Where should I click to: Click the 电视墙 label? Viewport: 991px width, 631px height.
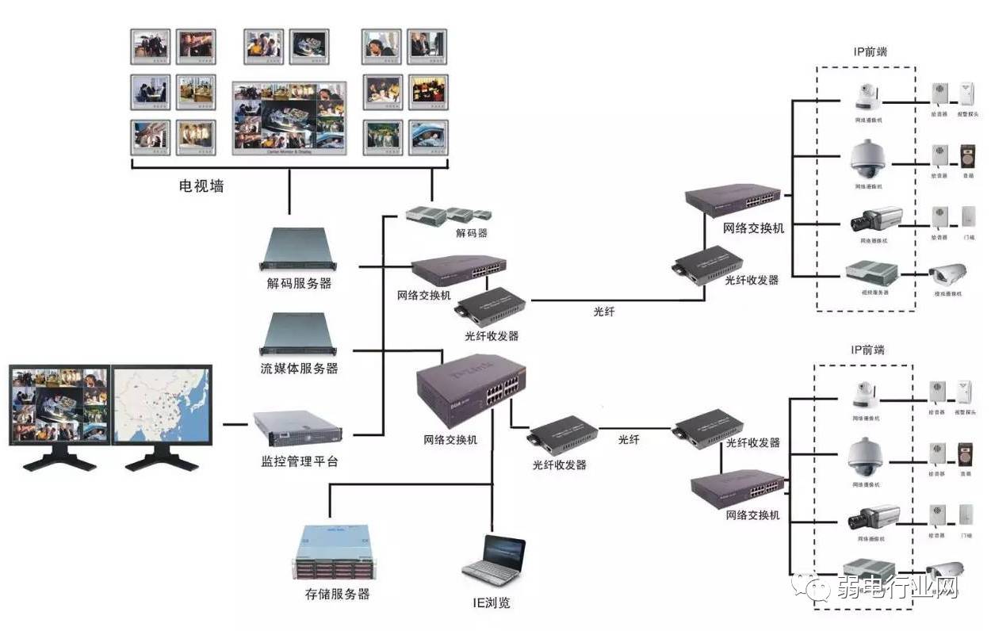(x=201, y=187)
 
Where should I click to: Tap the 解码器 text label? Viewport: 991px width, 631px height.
(x=471, y=233)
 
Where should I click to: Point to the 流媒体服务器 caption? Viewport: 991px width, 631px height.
(x=299, y=368)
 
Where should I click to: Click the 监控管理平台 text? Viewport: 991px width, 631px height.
(x=299, y=460)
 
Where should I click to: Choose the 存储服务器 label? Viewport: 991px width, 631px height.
(x=337, y=593)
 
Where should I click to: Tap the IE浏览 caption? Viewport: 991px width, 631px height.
(x=492, y=602)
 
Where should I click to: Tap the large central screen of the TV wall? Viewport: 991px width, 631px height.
(x=289, y=117)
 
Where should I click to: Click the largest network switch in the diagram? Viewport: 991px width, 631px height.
(x=471, y=388)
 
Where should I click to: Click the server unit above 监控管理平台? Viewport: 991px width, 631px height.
(x=297, y=429)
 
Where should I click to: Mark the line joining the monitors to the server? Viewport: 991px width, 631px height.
(x=235, y=425)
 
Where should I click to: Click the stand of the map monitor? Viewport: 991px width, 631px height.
(x=161, y=460)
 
